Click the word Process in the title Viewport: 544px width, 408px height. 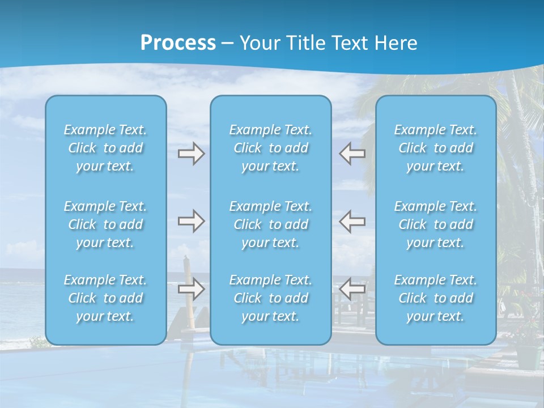(178, 43)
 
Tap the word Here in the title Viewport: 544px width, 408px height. (396, 43)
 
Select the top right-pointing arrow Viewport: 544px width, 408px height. (191, 154)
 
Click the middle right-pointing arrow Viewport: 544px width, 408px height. (191, 221)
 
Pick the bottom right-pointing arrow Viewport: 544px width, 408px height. (191, 289)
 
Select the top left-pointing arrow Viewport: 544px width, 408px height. (352, 154)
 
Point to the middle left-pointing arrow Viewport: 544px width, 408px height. (352, 221)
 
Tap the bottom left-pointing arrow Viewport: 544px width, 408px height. (352, 289)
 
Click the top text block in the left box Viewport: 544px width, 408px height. (105, 148)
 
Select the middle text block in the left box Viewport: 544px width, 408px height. (105, 224)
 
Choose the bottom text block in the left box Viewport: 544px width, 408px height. (105, 298)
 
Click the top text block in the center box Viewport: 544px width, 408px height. (270, 148)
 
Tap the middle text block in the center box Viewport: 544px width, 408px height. (270, 224)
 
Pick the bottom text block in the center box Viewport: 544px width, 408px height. (270, 298)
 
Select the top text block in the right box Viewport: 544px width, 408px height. (435, 148)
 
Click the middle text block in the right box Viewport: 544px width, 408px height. (435, 224)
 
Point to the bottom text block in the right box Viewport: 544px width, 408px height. (435, 298)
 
